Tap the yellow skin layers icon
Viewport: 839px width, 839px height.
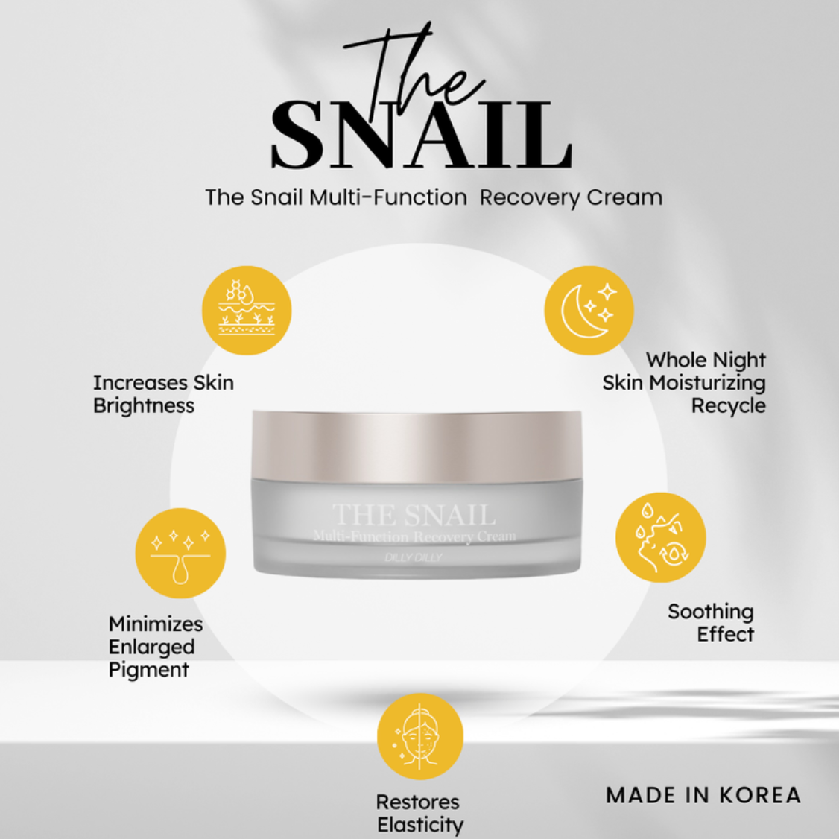pyautogui.click(x=247, y=310)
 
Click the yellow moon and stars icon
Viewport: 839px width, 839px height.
pyautogui.click(x=588, y=310)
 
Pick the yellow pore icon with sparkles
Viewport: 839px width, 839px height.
pyautogui.click(x=180, y=553)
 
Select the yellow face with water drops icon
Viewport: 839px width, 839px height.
pyautogui.click(x=660, y=537)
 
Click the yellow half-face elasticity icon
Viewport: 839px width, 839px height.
pyautogui.click(x=420, y=736)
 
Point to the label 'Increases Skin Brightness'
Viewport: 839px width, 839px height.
pyautogui.click(x=162, y=394)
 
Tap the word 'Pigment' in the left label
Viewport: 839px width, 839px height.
pyautogui.click(x=148, y=670)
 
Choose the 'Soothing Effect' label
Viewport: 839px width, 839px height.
pyautogui.click(x=712, y=623)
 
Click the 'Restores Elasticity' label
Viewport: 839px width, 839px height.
pyautogui.click(x=419, y=814)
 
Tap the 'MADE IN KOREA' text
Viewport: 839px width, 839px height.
pyautogui.click(x=703, y=795)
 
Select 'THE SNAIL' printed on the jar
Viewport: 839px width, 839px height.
pyautogui.click(x=414, y=515)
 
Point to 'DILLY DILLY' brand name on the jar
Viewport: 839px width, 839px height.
pyautogui.click(x=414, y=557)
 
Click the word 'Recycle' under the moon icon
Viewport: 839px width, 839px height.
pyautogui.click(x=728, y=406)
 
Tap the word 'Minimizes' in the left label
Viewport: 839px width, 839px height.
pyautogui.click(x=155, y=624)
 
